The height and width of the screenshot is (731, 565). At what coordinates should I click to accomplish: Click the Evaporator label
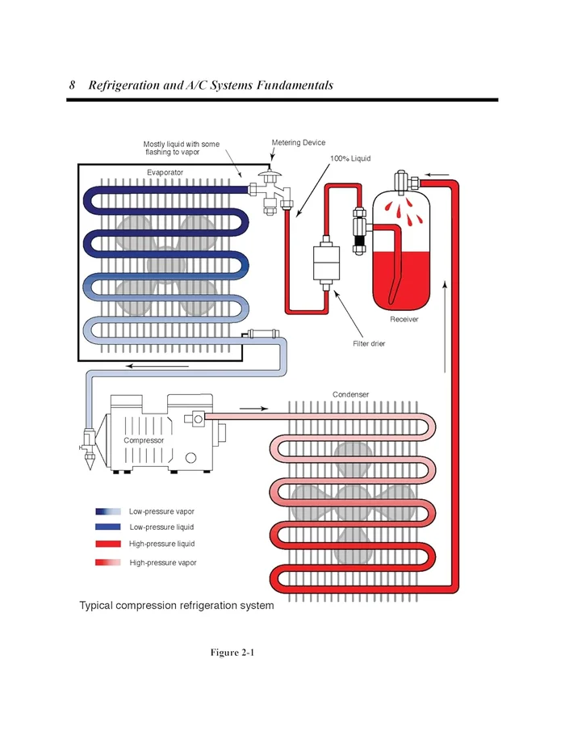[165, 173]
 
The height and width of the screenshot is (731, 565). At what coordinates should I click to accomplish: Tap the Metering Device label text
[299, 143]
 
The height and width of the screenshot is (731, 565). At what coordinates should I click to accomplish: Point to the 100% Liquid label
[350, 158]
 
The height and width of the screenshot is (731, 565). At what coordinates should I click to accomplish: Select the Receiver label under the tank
[404, 319]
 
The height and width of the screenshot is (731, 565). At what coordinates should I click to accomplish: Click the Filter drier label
[369, 343]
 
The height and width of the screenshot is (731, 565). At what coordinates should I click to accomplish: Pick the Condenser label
[351, 394]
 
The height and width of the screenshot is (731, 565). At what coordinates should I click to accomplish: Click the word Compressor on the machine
[144, 440]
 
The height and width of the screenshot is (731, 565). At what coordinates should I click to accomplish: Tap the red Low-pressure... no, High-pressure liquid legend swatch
[108, 544]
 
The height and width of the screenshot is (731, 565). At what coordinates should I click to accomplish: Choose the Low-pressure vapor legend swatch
[108, 511]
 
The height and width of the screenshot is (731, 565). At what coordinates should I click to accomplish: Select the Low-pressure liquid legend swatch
[108, 527]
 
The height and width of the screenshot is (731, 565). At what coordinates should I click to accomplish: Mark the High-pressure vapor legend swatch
[108, 562]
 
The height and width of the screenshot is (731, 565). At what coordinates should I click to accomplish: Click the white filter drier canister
[326, 263]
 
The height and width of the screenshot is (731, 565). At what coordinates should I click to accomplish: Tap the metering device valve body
[270, 192]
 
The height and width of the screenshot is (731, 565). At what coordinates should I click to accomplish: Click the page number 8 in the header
[72, 85]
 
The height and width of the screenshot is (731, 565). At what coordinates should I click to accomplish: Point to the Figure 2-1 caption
[232, 652]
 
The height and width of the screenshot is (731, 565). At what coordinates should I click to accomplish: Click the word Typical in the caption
[96, 606]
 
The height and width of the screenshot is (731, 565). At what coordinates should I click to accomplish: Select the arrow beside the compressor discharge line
[254, 409]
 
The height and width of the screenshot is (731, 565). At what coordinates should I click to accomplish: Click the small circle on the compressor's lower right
[191, 458]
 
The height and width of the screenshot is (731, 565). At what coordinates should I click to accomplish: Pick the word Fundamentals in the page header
[295, 86]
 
